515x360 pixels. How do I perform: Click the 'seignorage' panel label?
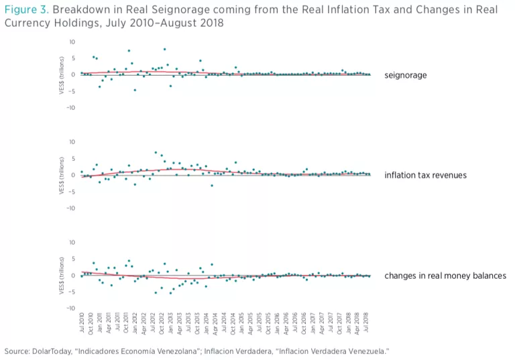pyautogui.click(x=405, y=75)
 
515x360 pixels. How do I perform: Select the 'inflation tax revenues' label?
pyautogui.click(x=426, y=175)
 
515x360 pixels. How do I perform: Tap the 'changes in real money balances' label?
pyautogui.click(x=445, y=276)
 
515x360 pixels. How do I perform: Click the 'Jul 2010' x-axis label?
pyautogui.click(x=82, y=324)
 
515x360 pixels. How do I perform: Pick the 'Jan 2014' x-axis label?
pyautogui.click(x=207, y=324)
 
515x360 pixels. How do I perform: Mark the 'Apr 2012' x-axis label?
pyautogui.click(x=144, y=324)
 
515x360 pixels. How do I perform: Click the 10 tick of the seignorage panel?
pyautogui.click(x=71, y=42)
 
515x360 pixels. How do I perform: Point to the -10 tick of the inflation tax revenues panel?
pyautogui.click(x=70, y=208)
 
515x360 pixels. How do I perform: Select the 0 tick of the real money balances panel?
pyautogui.click(x=72, y=275)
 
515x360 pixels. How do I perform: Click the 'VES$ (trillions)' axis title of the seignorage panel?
pyautogui.click(x=61, y=74)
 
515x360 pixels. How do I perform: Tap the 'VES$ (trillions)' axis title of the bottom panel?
pyautogui.click(x=61, y=275)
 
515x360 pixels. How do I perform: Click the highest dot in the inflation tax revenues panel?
pyautogui.click(x=156, y=152)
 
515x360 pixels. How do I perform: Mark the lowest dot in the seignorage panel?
pyautogui.click(x=135, y=90)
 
